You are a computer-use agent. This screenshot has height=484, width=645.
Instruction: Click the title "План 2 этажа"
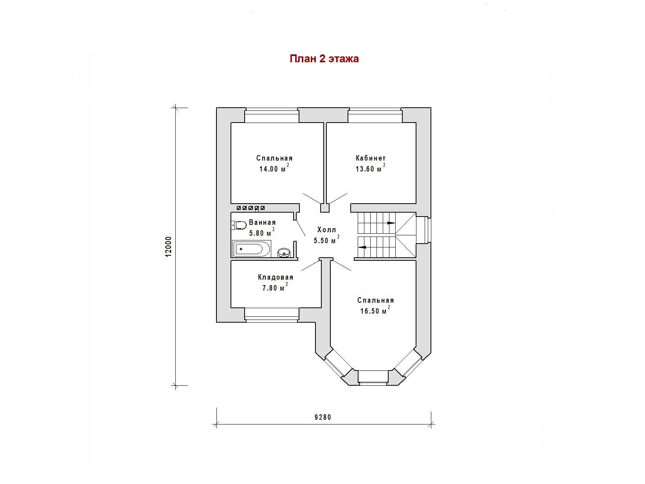[x=324, y=59]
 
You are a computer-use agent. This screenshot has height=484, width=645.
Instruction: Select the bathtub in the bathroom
[x=252, y=249]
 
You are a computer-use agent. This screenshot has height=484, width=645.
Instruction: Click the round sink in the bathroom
[x=284, y=253]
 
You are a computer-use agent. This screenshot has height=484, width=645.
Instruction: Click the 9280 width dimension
[x=322, y=417]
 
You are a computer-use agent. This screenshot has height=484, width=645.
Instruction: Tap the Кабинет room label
[x=371, y=158]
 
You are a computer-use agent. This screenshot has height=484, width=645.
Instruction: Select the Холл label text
[x=326, y=230]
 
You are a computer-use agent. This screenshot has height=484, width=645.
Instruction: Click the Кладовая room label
[x=276, y=277]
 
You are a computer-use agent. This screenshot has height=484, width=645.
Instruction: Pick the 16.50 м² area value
[x=375, y=310]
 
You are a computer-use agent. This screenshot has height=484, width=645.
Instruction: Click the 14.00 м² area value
[x=274, y=168]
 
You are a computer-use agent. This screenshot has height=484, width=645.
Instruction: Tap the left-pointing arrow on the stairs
[x=363, y=247]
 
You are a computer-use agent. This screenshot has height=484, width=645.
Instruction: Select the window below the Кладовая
[x=272, y=315]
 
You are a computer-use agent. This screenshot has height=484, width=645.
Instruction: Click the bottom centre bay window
[x=373, y=378]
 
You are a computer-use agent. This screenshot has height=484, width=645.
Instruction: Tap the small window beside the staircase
[x=424, y=230]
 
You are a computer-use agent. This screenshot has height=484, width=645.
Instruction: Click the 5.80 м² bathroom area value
[x=262, y=232]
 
